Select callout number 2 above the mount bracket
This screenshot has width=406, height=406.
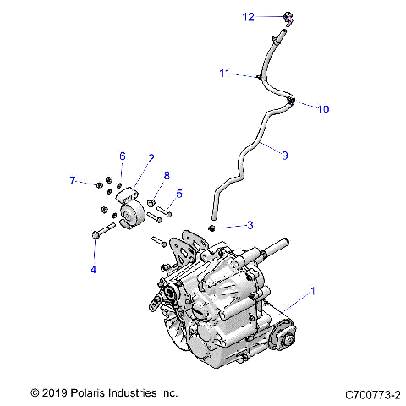tap(151, 158)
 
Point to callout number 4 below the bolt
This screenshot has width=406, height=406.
tap(94, 269)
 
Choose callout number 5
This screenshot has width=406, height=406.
tap(178, 194)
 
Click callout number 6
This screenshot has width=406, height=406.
tap(122, 156)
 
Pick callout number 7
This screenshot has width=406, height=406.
tap(73, 180)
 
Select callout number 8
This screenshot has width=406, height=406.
tap(167, 175)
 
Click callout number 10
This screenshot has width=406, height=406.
tap(322, 109)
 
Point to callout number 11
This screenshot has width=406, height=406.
tap(225, 74)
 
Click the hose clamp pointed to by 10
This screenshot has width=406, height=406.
tap(290, 101)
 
